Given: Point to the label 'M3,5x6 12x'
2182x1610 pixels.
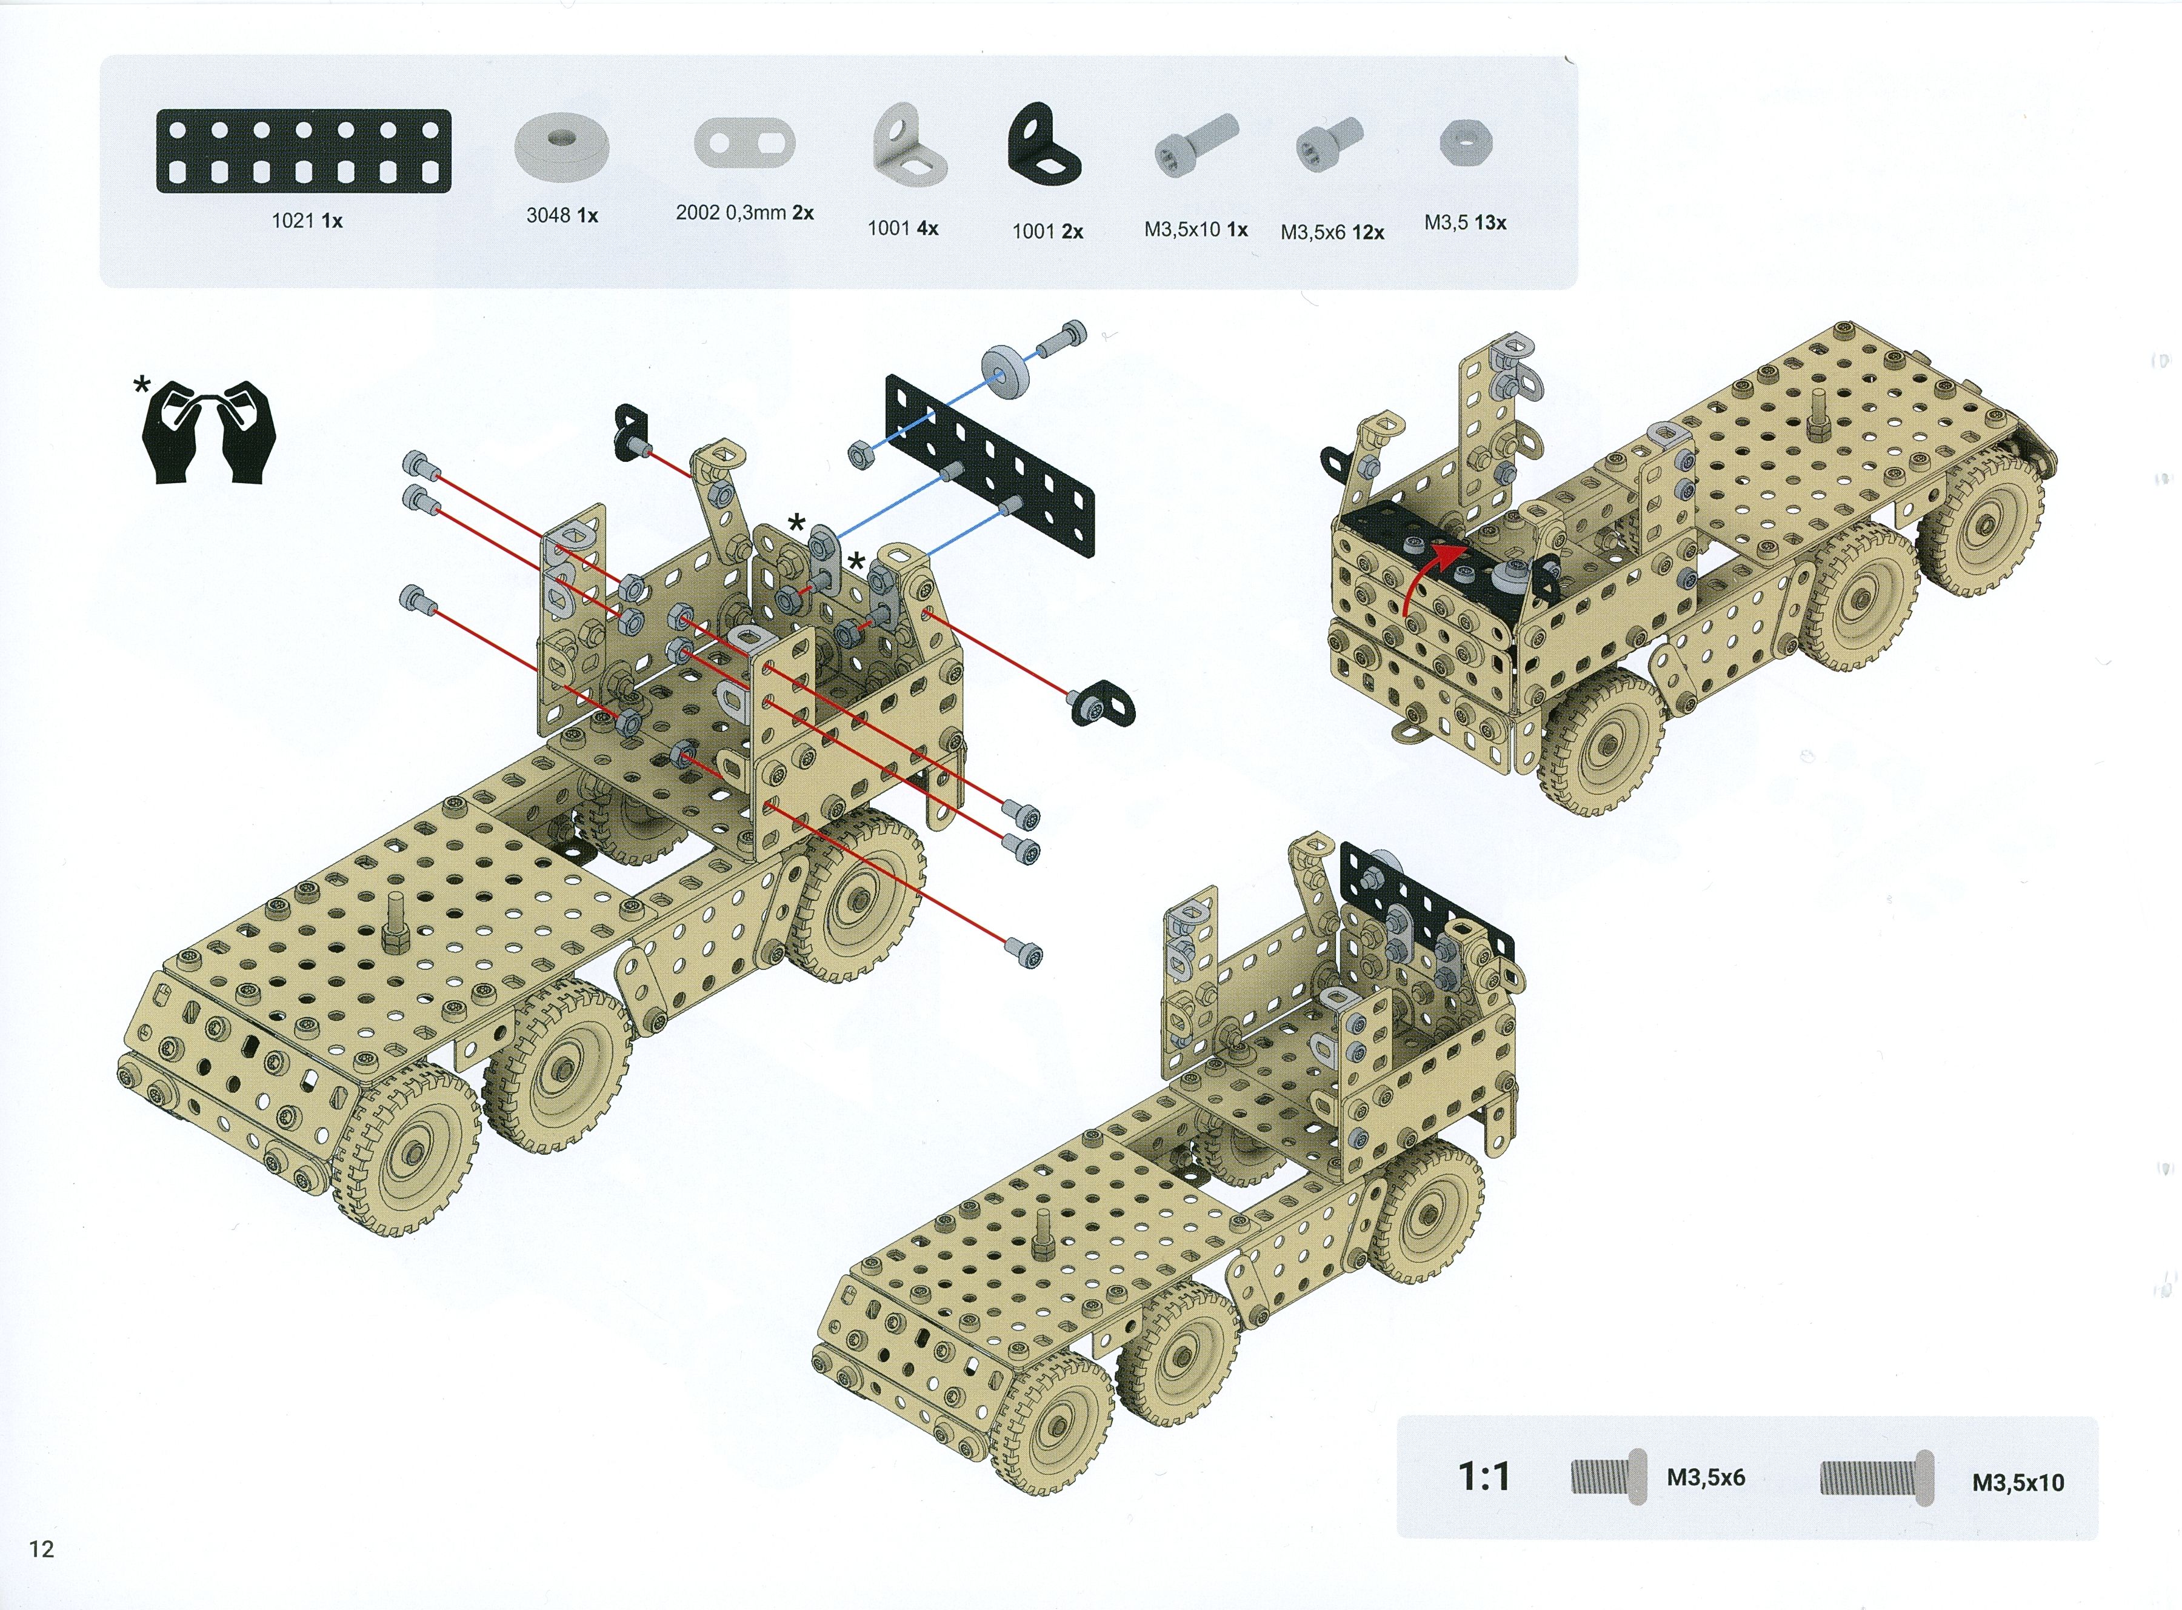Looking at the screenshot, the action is (x=1332, y=233).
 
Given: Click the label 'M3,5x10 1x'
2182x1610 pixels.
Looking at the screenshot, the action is (x=1196, y=230).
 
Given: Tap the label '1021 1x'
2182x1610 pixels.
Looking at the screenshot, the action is (x=307, y=221).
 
